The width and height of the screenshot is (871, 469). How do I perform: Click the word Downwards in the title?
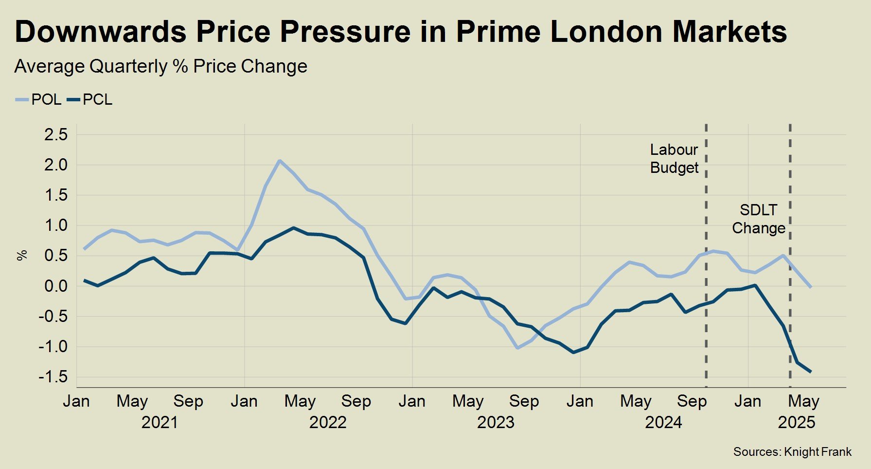100,32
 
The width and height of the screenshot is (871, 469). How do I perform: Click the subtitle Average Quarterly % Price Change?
160,67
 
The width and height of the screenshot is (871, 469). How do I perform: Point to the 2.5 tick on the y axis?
56,135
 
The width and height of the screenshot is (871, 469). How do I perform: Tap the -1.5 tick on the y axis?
54,377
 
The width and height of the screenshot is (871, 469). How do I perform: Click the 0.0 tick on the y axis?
56,286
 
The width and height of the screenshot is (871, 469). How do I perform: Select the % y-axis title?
22,255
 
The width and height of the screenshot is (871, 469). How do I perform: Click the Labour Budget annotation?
674,159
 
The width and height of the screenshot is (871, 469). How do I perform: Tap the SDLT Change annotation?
759,219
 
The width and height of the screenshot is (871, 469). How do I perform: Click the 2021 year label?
160,422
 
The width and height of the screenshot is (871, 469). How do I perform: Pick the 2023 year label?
495,422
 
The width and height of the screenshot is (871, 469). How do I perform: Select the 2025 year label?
796,422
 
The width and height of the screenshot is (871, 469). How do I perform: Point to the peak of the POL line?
279,161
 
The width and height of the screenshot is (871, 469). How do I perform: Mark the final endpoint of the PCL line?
811,372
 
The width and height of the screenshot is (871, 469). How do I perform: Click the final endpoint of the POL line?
811,287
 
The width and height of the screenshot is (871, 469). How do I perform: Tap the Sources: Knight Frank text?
792,452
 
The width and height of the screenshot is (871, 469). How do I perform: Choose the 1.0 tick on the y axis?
56,226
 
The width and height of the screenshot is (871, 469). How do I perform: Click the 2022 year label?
328,422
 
